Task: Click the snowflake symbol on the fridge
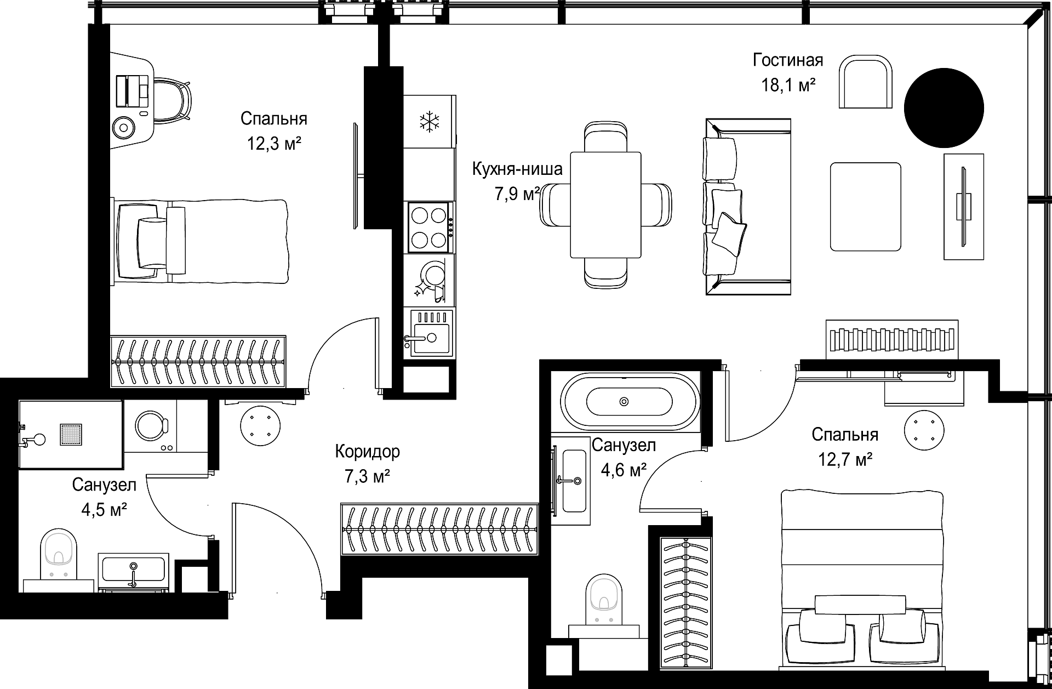click(x=430, y=122)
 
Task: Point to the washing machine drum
click(x=151, y=424)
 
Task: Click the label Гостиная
click(x=788, y=60)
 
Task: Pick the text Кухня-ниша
click(x=517, y=169)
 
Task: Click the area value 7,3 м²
click(x=367, y=477)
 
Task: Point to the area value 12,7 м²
click(x=845, y=459)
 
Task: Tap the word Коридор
click(x=367, y=452)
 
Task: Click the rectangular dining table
click(x=605, y=204)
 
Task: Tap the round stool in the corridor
click(x=260, y=425)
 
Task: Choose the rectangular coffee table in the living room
click(x=866, y=207)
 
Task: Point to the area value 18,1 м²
click(x=788, y=86)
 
